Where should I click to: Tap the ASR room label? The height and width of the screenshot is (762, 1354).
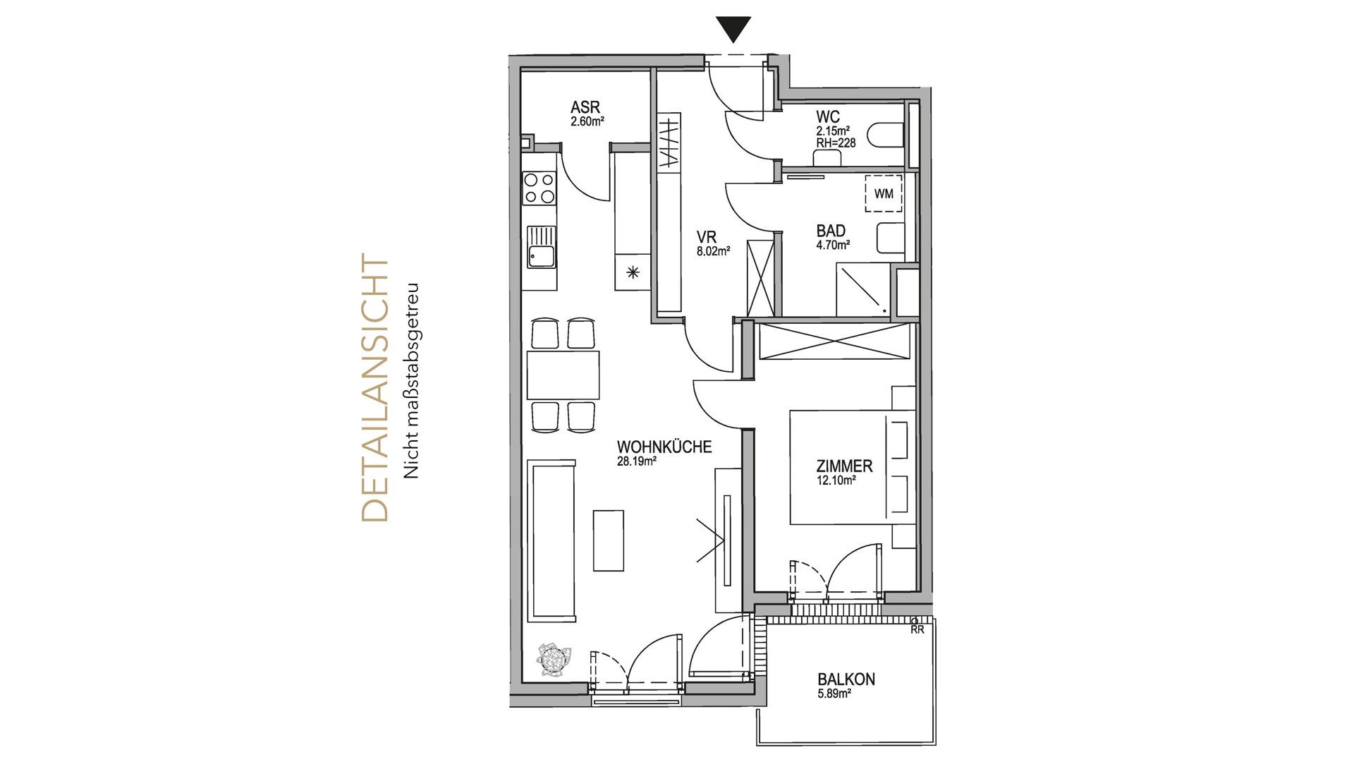(x=585, y=107)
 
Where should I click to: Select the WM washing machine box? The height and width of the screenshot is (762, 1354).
(x=883, y=193)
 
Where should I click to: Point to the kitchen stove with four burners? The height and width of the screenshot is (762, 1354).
(x=539, y=188)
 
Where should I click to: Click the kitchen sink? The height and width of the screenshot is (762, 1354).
(x=541, y=248)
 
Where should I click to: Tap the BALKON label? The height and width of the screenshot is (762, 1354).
(x=846, y=679)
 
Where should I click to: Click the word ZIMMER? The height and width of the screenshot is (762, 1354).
(x=844, y=466)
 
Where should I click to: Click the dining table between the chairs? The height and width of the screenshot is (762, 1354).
(x=563, y=375)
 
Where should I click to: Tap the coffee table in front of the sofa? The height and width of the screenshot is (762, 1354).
(x=608, y=540)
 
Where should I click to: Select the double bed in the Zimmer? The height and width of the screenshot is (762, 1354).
(x=843, y=468)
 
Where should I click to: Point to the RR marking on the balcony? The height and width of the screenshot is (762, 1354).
(x=917, y=629)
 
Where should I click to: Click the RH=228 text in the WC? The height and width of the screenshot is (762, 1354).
(x=836, y=143)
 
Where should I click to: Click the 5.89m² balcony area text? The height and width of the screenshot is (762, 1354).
(x=834, y=694)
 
